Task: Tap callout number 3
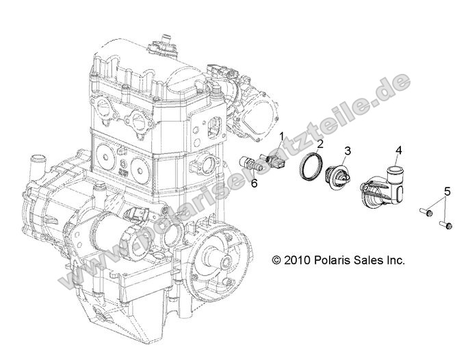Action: tap(348, 151)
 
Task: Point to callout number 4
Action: tap(398, 150)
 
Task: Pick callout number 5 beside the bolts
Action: tap(447, 191)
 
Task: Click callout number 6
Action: tap(254, 183)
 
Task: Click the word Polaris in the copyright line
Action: tap(333, 261)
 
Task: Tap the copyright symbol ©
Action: tap(277, 261)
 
